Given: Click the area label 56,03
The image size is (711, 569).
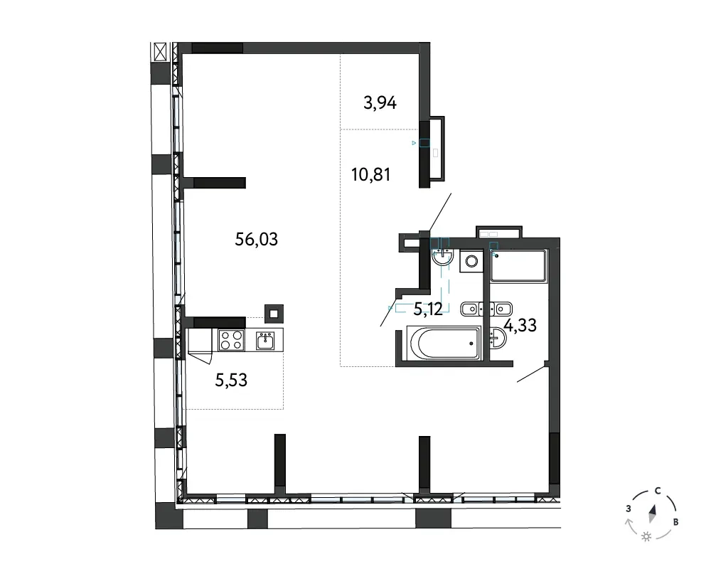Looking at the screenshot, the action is (256, 239).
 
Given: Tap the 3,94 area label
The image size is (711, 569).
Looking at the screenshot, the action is (380, 103).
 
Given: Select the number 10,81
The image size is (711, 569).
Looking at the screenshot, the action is (371, 174).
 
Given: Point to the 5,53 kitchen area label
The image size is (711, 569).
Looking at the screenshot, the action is (231, 381).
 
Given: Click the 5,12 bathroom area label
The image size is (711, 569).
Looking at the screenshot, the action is (428, 309).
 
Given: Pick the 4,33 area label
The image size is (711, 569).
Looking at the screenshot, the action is (520, 325).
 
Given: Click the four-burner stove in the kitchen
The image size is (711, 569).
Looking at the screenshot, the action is (231, 340).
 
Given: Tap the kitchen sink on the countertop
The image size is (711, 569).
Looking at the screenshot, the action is (265, 341).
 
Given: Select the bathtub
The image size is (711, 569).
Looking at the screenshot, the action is (444, 344).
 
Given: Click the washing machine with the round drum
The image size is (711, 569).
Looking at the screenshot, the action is (471, 261).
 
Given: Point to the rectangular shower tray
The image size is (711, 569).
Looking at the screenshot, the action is (519, 265).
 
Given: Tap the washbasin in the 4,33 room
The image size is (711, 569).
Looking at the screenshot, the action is (498, 339).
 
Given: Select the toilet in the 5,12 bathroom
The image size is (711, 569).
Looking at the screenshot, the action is (472, 309).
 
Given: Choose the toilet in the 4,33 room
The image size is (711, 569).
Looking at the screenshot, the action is (501, 309).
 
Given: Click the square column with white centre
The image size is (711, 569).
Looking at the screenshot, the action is (274, 314).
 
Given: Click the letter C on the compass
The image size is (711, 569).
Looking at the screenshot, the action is (658, 491).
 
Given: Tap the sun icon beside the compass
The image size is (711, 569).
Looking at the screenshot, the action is (646, 537).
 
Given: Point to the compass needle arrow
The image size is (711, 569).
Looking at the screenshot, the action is (653, 514).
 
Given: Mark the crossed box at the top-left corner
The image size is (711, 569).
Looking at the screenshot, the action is (161, 52).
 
